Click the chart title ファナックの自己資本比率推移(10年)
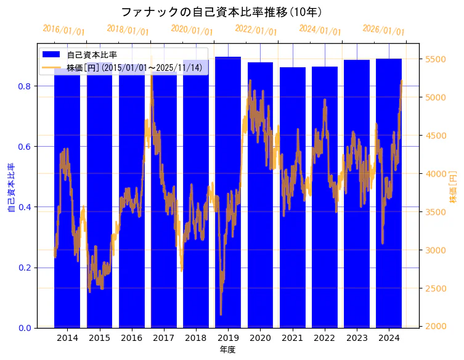click(221, 12)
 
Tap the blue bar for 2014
click(67, 197)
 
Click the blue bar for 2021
click(292, 197)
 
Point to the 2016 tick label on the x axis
click(131, 338)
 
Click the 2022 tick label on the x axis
click(324, 338)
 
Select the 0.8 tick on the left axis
click(25, 86)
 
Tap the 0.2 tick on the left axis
click(25, 268)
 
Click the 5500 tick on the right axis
click(436, 59)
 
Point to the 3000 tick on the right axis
click(436, 250)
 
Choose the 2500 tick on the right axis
click(436, 288)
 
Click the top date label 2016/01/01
click(63, 30)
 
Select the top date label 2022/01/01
click(256, 30)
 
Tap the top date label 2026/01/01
click(383, 30)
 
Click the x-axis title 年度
click(227, 350)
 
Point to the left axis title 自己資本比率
click(10, 188)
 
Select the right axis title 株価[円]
click(453, 188)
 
